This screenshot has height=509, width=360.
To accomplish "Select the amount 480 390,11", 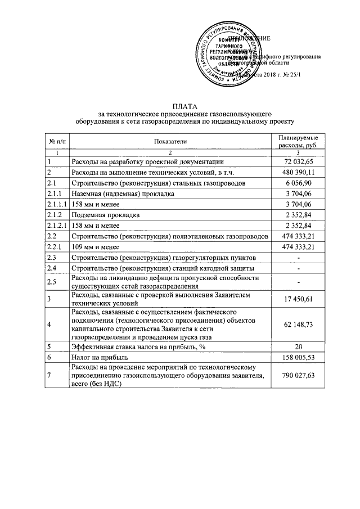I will click(299, 172).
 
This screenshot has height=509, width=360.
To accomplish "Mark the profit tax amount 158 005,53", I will click(299, 357).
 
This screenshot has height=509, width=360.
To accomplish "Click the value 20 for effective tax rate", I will click(299, 346).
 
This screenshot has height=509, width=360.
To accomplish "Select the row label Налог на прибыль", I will click(98, 357).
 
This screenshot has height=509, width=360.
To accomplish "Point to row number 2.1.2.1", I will click(57, 226).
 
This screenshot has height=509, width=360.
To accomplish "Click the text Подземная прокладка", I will click(103, 215).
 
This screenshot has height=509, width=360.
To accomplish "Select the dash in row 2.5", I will click(299, 282).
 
